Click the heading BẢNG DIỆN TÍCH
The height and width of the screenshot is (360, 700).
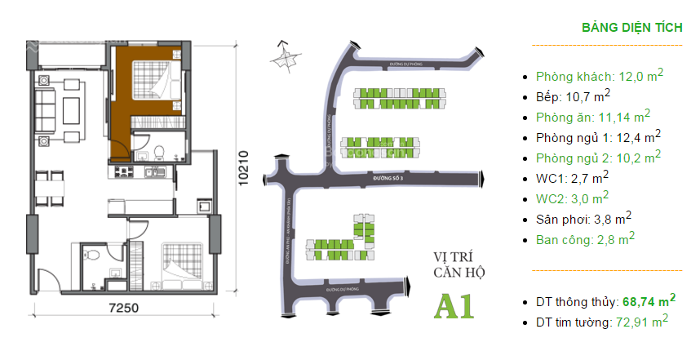click(x=631, y=27)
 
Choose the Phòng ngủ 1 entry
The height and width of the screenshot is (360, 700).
click(x=599, y=136)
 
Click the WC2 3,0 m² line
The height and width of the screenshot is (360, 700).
click(x=572, y=198)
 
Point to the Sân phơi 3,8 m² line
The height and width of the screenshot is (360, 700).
click(x=584, y=219)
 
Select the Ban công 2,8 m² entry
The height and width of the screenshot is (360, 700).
click(x=586, y=239)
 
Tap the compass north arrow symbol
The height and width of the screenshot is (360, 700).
click(x=283, y=56)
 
